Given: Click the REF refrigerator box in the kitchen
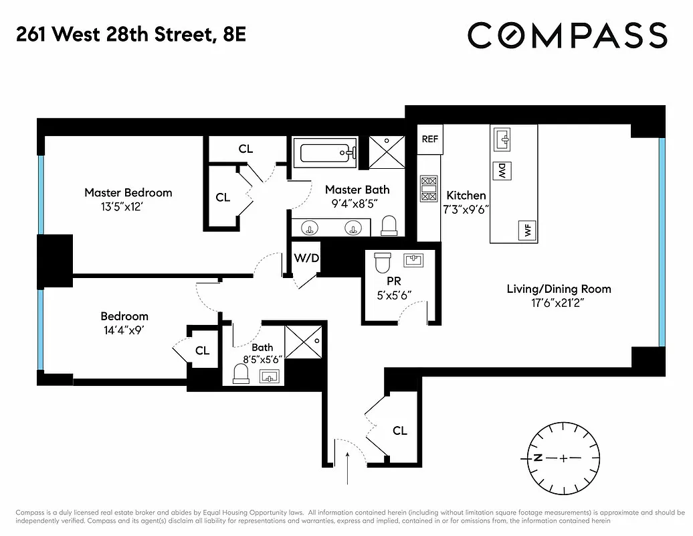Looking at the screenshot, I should pyautogui.click(x=429, y=139).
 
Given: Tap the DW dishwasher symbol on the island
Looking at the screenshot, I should pyautogui.click(x=501, y=172).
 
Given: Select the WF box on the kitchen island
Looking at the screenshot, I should pyautogui.click(x=527, y=231).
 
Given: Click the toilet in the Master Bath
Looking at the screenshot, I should pyautogui.click(x=389, y=226).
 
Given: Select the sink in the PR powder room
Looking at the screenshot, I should pyautogui.click(x=414, y=259).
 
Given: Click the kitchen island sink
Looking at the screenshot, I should pyautogui.click(x=502, y=139).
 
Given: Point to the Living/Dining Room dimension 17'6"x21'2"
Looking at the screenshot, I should pyautogui.click(x=558, y=303).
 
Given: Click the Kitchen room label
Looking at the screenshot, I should pyautogui.click(x=466, y=195).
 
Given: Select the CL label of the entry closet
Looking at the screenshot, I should pyautogui.click(x=399, y=431).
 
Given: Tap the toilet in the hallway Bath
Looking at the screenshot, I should pyautogui.click(x=241, y=373).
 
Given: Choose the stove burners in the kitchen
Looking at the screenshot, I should pyautogui.click(x=428, y=188).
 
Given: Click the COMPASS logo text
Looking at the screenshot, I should pyautogui.click(x=567, y=36).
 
